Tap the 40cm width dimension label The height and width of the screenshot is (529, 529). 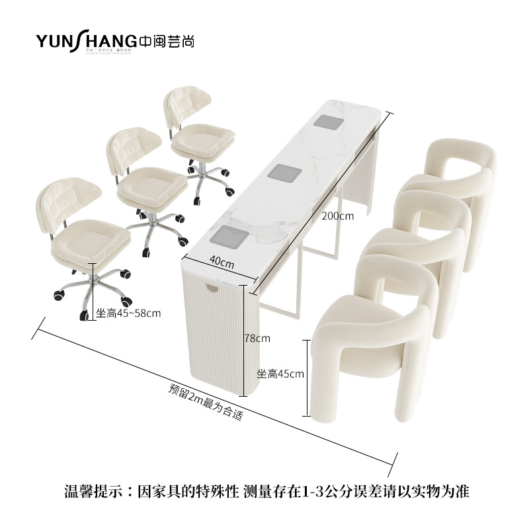click(224, 262)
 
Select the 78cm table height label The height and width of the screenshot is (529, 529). click(257, 338)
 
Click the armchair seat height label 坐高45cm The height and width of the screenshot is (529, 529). click(280, 374)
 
